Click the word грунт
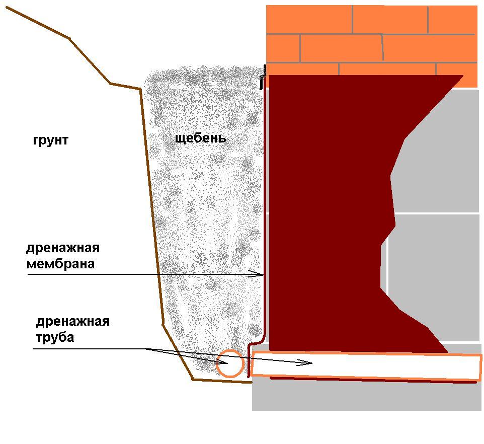click(51, 141)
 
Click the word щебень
click(200, 138)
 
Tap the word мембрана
click(60, 264)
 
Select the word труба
click(55, 337)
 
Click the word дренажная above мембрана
click(63, 248)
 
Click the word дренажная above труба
click(73, 322)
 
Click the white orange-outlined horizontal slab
click(366, 365)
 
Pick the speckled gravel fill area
click(204, 216)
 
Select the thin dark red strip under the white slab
click(373, 380)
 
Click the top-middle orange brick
click(390, 20)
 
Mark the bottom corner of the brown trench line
click(193, 380)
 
